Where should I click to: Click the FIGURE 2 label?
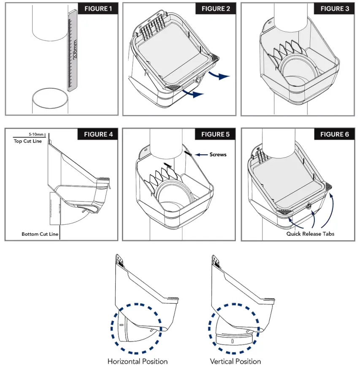[x=216, y=9]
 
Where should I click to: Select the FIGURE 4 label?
[x=98, y=134]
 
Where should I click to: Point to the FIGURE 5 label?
[x=216, y=134]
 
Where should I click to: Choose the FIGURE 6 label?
[x=335, y=134]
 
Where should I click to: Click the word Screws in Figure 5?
[x=218, y=155]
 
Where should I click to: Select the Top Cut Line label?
[x=27, y=141]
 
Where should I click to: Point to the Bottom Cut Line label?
[x=39, y=234]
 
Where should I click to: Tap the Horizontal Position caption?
[x=137, y=361]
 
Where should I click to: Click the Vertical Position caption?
[x=235, y=361]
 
